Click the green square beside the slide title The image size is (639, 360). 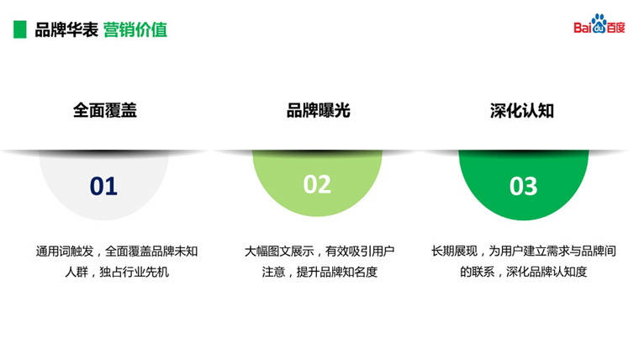(x=20, y=29)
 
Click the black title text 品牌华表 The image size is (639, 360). (x=66, y=29)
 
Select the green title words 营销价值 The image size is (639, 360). (x=135, y=29)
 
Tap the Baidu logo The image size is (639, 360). (x=599, y=24)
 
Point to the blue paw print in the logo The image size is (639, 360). (x=599, y=24)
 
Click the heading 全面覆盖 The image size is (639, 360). (x=105, y=110)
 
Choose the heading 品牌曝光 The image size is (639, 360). (x=319, y=110)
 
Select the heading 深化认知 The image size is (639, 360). (x=522, y=111)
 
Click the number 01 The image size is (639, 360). (x=103, y=187)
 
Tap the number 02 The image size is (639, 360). (x=317, y=184)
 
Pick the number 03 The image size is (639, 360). (x=523, y=187)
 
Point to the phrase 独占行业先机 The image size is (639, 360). (x=134, y=272)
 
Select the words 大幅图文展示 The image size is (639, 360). (x=279, y=251)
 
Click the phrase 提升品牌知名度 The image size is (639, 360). (x=337, y=272)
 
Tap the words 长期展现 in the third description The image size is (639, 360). (x=454, y=251)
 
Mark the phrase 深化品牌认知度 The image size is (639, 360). (x=547, y=272)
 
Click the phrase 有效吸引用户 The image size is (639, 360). (x=360, y=251)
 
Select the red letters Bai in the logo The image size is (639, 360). (x=583, y=28)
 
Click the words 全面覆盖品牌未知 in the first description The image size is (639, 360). (x=151, y=251)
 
